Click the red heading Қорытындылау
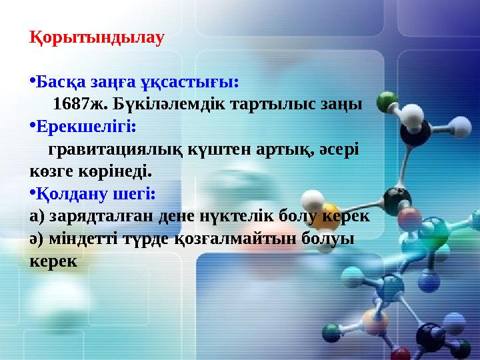click(97, 37)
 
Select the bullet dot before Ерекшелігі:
click(32, 125)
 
